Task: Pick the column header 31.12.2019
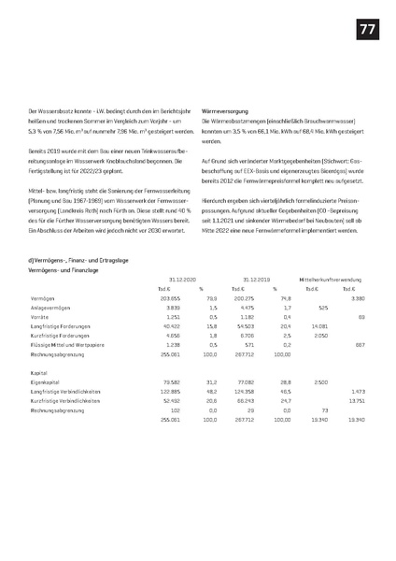pyautogui.click(x=256, y=279)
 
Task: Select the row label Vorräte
pyautogui.click(x=40, y=315)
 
